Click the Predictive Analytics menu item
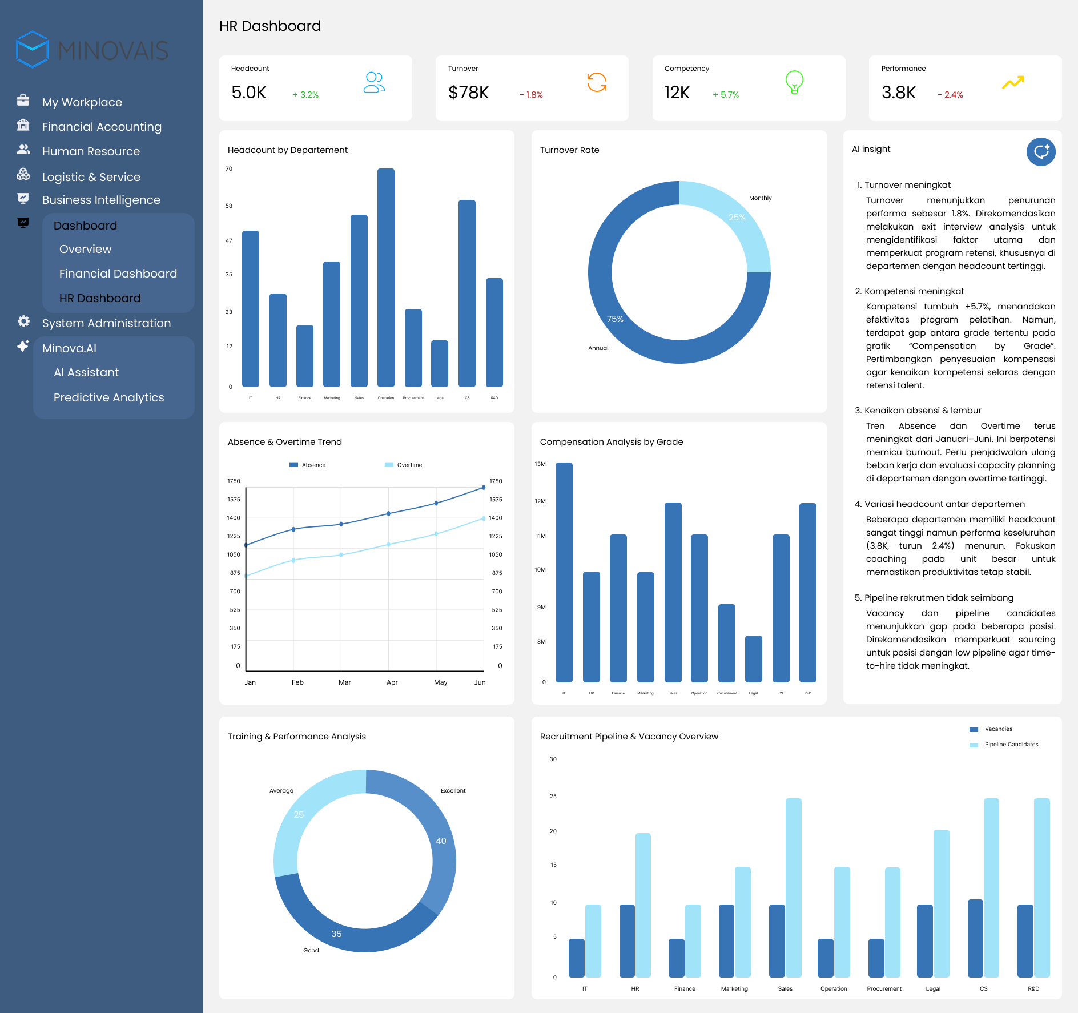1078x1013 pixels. tap(108, 397)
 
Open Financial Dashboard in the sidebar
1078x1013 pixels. tap(118, 274)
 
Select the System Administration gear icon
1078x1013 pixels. tap(23, 321)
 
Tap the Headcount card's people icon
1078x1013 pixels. tap(374, 82)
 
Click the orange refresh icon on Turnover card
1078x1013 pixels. tap(597, 82)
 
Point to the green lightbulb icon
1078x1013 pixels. tap(794, 82)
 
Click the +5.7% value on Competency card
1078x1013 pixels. tap(726, 95)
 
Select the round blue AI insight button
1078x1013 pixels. tap(1040, 152)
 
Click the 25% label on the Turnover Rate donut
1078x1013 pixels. tap(737, 218)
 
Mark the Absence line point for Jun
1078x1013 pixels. tap(484, 488)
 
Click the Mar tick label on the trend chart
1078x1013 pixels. tap(345, 682)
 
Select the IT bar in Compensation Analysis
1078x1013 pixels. tap(564, 571)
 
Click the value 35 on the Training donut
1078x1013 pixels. tap(336, 934)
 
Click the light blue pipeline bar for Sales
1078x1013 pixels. tap(793, 887)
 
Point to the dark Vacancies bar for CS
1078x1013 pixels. tap(975, 938)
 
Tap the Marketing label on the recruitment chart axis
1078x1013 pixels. tap(734, 989)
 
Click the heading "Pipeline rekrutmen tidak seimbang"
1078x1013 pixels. tap(939, 598)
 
